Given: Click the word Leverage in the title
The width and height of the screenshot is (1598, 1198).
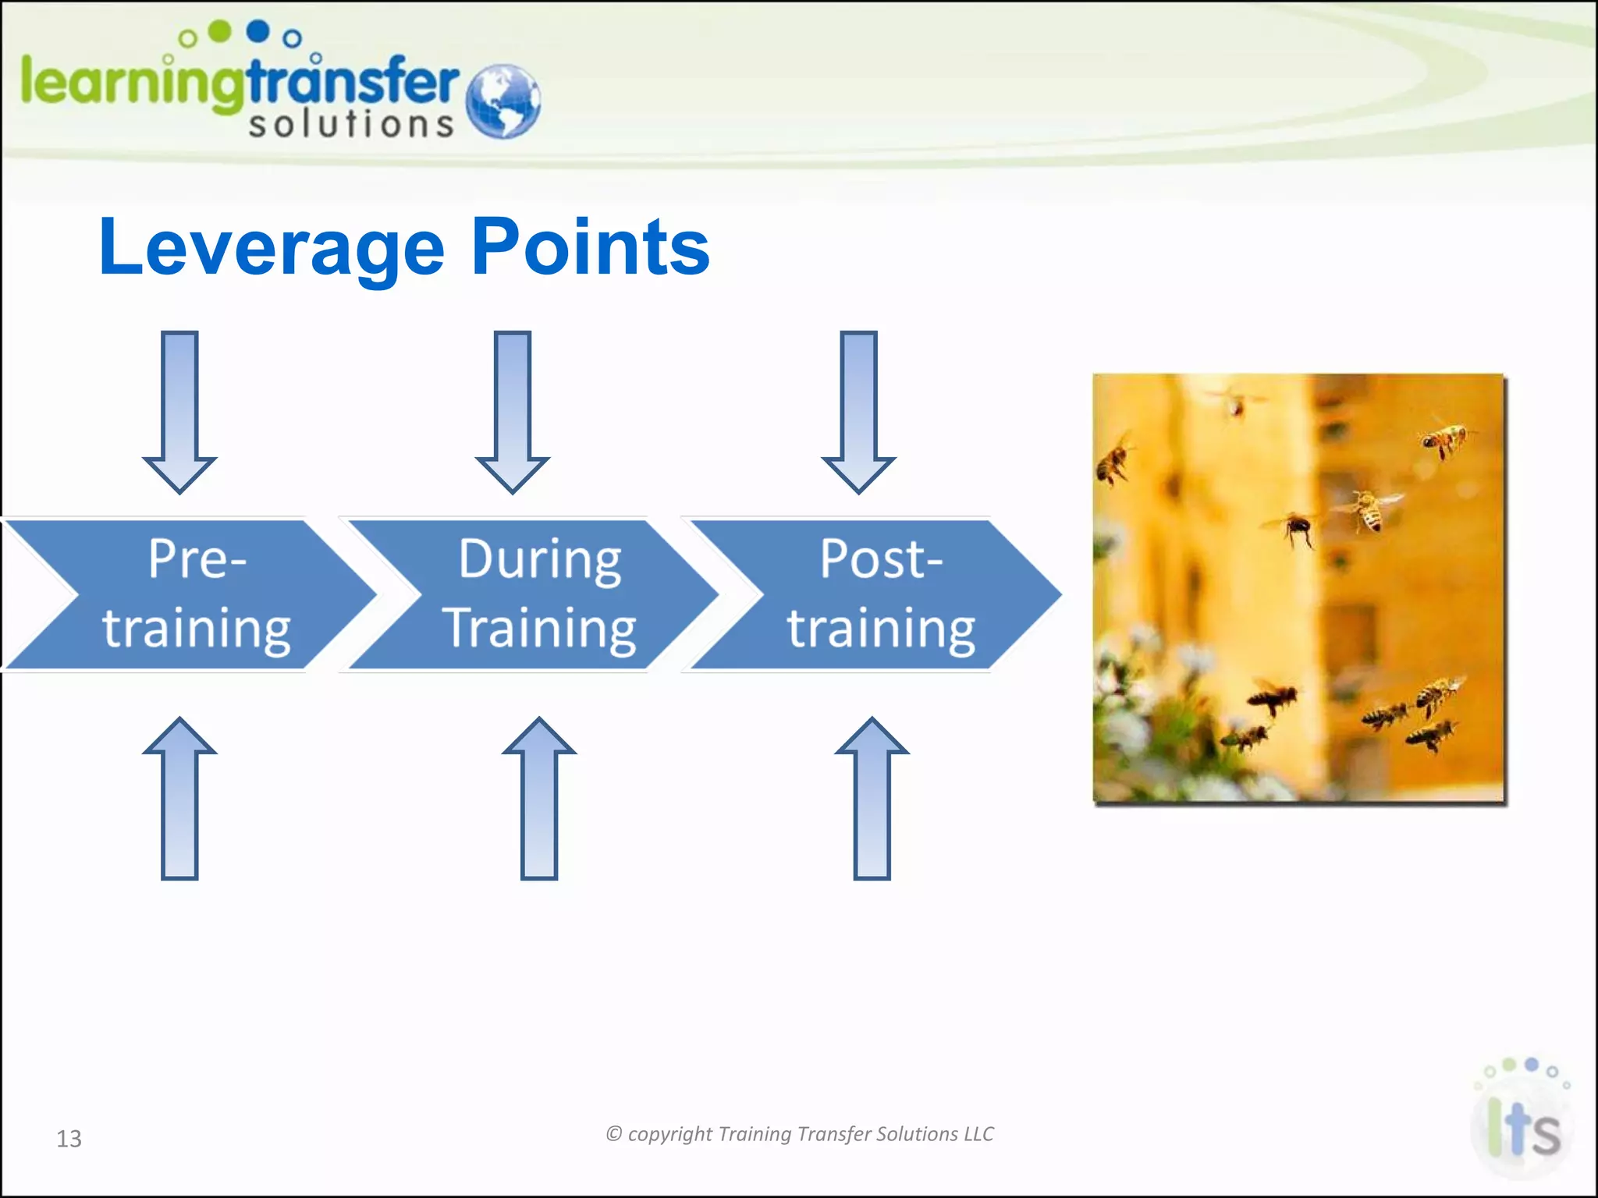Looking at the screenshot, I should pyautogui.click(x=271, y=248).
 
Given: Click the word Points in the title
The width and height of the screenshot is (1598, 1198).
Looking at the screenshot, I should pyautogui.click(x=591, y=248).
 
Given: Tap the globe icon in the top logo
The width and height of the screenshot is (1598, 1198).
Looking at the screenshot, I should pyautogui.click(x=502, y=101).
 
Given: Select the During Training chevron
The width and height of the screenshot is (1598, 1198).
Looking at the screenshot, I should pyautogui.click(x=538, y=594).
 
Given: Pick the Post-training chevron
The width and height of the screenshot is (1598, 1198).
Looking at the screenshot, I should pyautogui.click(x=880, y=594).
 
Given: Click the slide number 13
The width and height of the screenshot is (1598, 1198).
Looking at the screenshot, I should pyautogui.click(x=69, y=1139).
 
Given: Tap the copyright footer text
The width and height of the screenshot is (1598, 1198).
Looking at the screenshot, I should pyautogui.click(x=800, y=1134).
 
